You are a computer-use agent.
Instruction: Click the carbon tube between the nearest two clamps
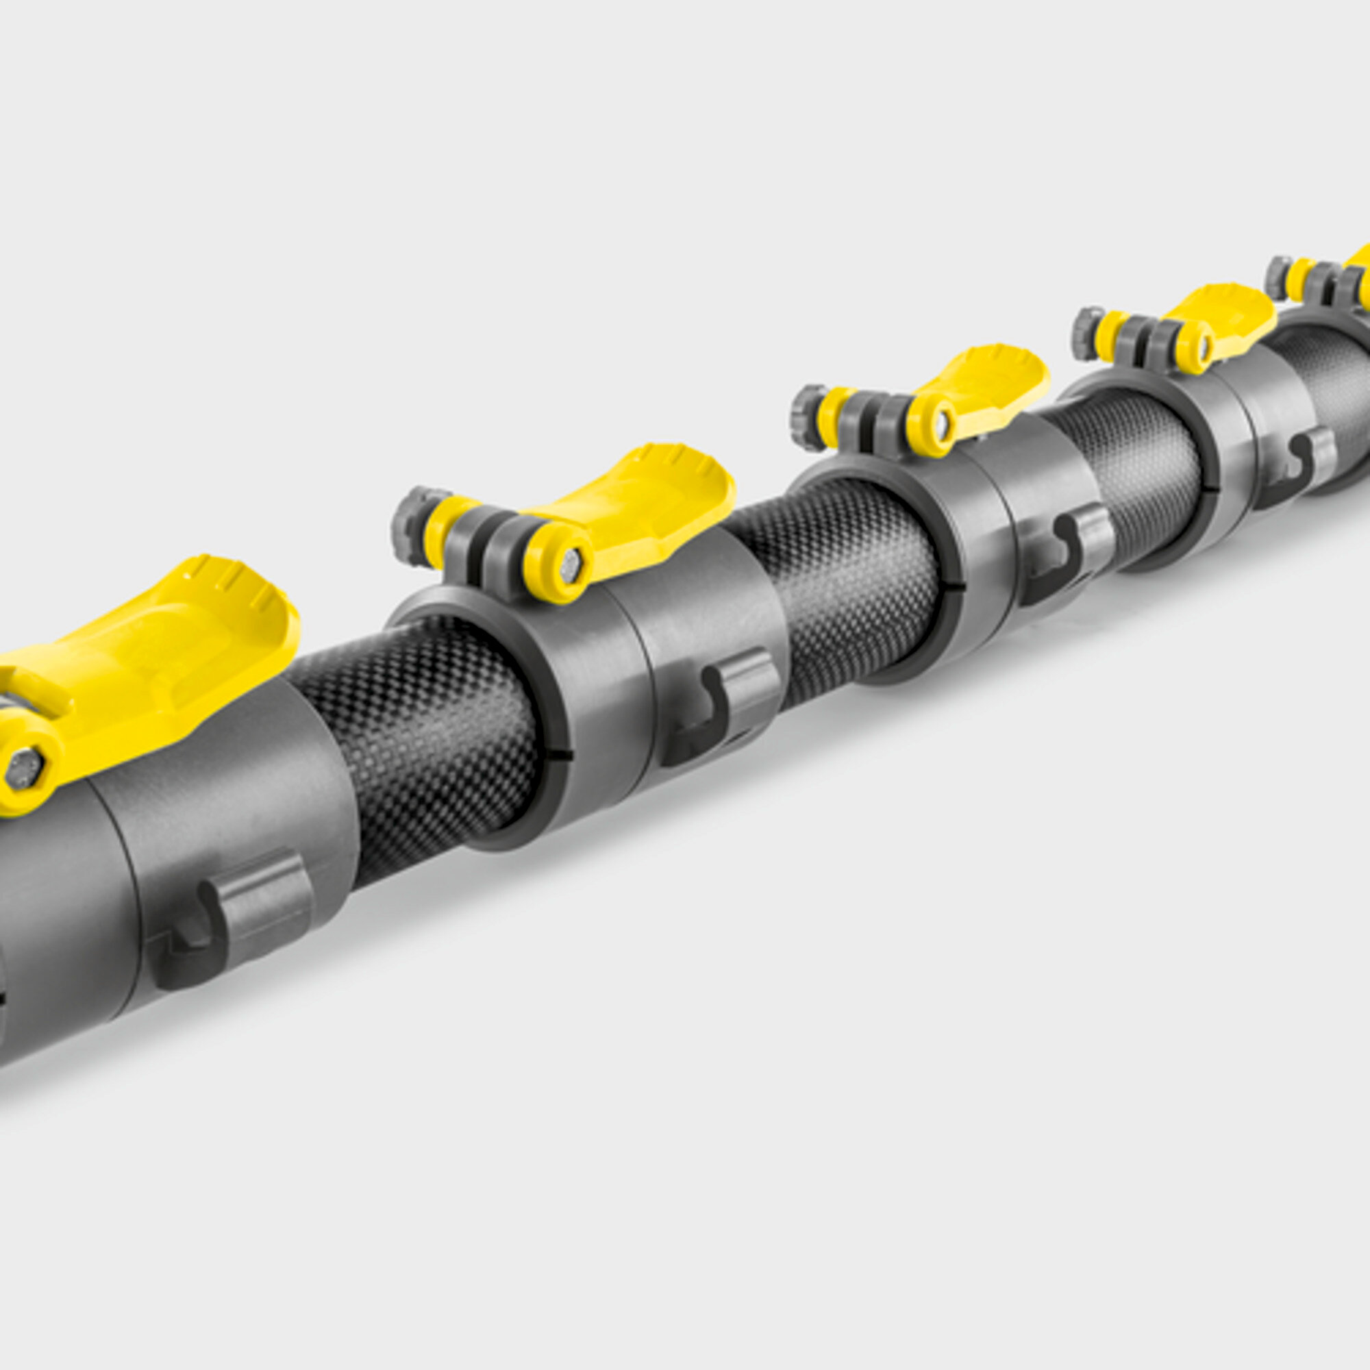click(x=419, y=738)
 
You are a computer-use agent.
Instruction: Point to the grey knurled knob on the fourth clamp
click(x=1084, y=333)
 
